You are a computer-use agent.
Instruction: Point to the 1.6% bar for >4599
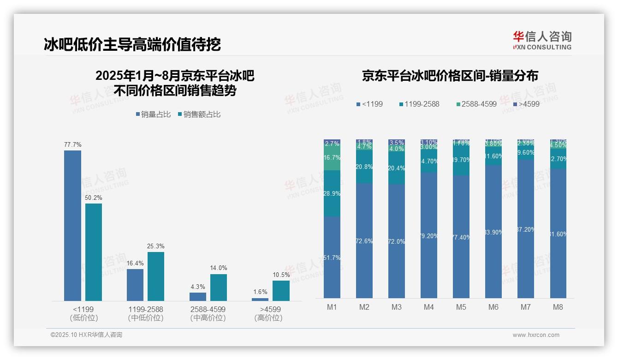(260, 299)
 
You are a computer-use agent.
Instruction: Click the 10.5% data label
(281, 275)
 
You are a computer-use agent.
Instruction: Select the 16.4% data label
(135, 263)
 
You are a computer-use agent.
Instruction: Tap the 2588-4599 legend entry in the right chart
(475, 104)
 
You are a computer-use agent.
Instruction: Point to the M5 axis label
(461, 307)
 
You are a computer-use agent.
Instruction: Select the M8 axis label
(558, 307)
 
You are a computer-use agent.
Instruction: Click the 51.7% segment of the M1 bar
(332, 257)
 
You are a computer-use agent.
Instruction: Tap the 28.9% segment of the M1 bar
(332, 193)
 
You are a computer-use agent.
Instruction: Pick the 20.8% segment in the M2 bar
(364, 167)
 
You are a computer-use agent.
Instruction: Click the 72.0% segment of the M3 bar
(397, 241)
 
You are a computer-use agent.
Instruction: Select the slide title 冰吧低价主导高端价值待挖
(132, 44)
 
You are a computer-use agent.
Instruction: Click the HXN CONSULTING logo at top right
(542, 40)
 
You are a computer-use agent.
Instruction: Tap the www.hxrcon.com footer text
(536, 335)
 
